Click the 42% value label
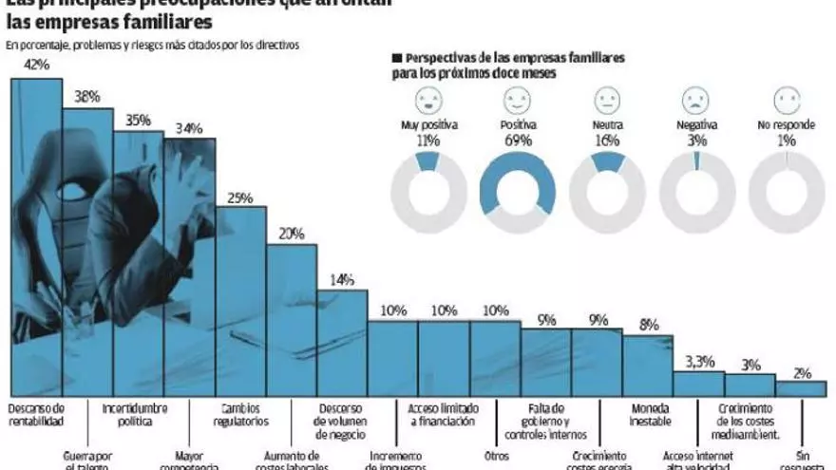point(36,66)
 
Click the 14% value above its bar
point(342,279)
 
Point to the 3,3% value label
point(699,361)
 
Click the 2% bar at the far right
point(801,388)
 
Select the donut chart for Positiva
point(517,196)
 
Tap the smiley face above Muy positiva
point(427,100)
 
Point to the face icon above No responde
point(787,100)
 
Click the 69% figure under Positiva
point(517,141)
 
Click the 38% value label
point(86,96)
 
